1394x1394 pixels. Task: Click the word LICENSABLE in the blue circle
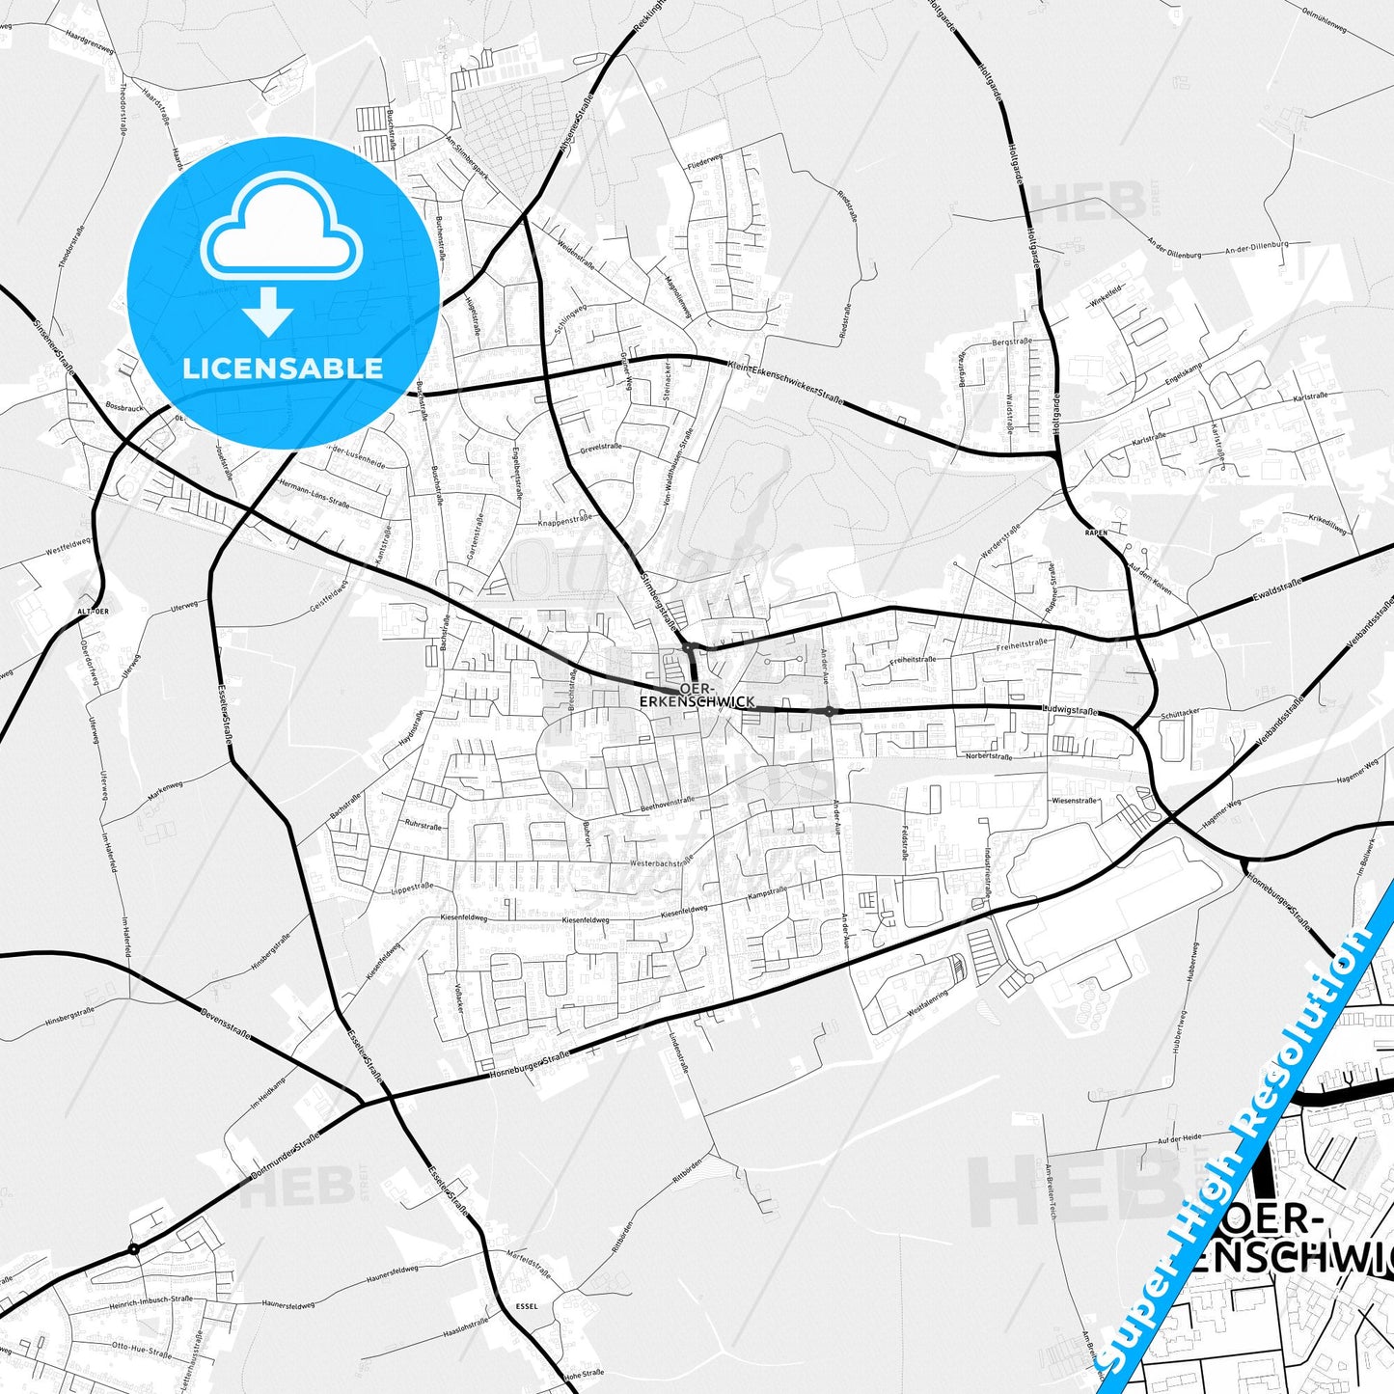click(283, 369)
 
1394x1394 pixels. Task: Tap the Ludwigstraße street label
click(1071, 711)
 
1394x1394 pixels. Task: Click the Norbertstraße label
click(989, 757)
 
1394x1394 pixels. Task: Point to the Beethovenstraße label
click(667, 801)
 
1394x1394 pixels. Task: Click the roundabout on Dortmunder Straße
click(134, 1249)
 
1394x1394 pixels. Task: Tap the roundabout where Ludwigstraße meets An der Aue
click(830, 712)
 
